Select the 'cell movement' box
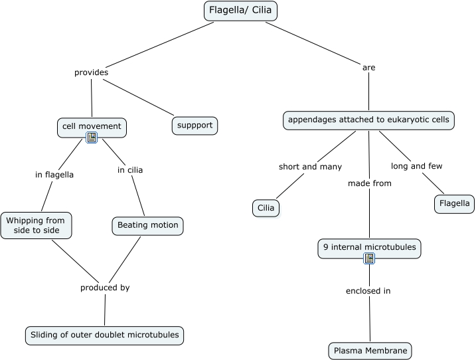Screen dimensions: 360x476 [92, 126]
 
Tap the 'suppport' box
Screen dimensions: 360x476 [195, 125]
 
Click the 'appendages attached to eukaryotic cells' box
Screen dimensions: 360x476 [368, 120]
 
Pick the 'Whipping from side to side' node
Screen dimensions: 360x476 [36, 225]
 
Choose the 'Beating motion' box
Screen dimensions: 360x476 [147, 225]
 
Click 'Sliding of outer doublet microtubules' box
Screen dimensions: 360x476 [104, 335]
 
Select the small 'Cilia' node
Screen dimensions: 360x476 [266, 208]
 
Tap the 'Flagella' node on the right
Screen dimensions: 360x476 [454, 204]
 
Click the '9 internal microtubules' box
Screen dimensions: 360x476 [369, 248]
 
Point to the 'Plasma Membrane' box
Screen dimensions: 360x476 [370, 351]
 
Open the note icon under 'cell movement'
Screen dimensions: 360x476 [92, 137]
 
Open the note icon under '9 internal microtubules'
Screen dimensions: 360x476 [369, 258]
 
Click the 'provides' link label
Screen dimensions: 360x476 [91, 72]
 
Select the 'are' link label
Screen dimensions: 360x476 [368, 67]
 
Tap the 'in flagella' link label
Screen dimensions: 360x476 [54, 175]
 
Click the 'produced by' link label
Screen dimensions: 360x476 [105, 288]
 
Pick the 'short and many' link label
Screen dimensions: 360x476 [310, 167]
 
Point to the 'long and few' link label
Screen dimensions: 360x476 [417, 166]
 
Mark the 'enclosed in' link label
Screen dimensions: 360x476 [368, 291]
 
